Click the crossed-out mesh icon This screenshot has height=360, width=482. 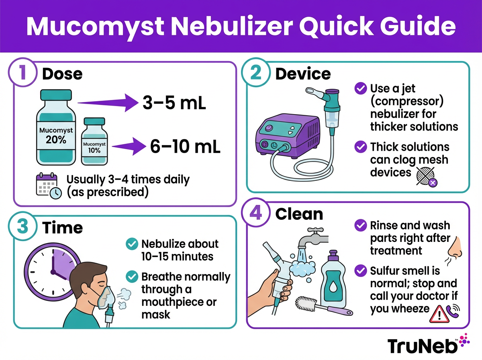click(426, 176)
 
